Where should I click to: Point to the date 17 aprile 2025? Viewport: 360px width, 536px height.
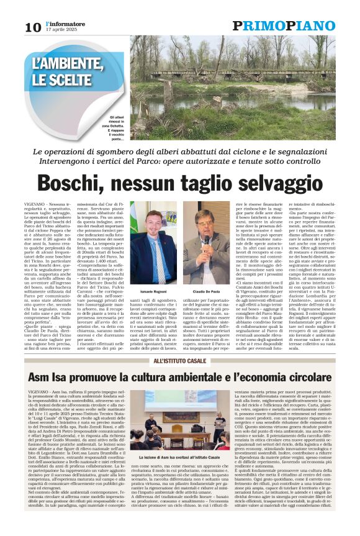[x=60, y=30]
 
